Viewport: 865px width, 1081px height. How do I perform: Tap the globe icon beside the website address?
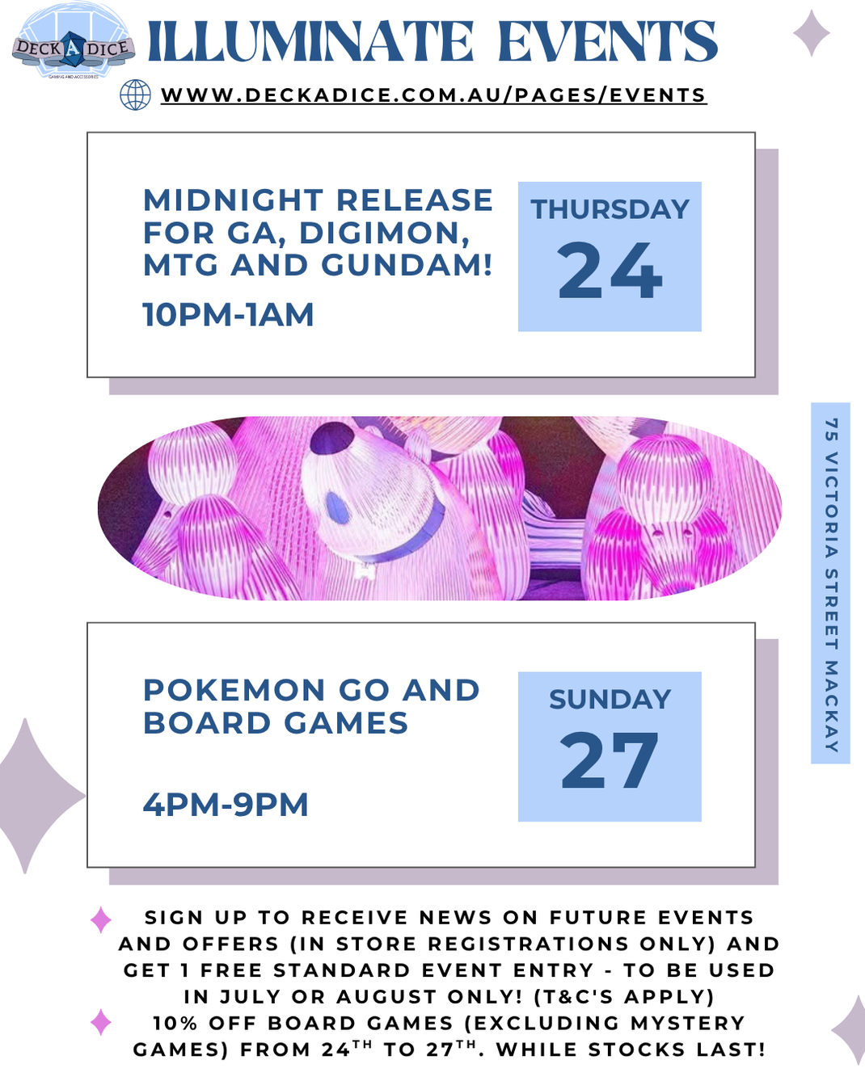click(135, 95)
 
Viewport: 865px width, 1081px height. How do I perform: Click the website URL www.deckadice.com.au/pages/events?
click(433, 95)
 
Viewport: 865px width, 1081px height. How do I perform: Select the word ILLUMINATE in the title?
click(310, 42)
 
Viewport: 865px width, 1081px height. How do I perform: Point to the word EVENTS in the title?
click(607, 42)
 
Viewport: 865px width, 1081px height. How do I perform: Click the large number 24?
click(610, 271)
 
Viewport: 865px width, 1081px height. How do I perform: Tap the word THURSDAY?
click(610, 210)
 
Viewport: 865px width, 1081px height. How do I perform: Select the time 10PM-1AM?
click(228, 315)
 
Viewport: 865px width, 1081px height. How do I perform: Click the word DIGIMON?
click(384, 233)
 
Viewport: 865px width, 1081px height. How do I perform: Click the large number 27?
click(610, 761)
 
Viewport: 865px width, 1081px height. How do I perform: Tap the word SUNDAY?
click(610, 700)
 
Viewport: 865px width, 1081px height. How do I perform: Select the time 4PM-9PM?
click(226, 805)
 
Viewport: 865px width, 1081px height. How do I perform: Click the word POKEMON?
click(234, 691)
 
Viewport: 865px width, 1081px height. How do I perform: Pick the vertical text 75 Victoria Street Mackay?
click(830, 583)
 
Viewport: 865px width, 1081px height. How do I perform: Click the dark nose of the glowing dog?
click(337, 508)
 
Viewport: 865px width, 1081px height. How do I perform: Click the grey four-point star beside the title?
click(811, 33)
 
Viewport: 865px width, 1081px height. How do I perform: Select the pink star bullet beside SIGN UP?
click(101, 919)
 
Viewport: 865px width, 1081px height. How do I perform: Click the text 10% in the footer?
click(175, 1024)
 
